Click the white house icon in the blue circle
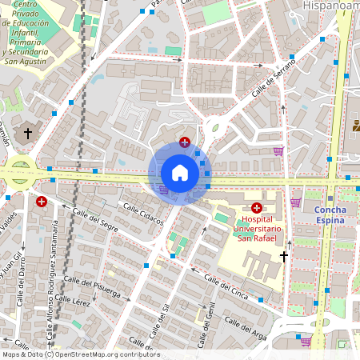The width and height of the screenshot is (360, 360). [179, 173]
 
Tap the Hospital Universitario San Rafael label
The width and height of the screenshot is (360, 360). [257, 227]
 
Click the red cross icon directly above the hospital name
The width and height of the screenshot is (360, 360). [256, 207]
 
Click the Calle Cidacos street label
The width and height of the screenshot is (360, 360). [142, 213]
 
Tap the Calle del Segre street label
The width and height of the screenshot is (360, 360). [95, 226]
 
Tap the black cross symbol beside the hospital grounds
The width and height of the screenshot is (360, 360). [283, 256]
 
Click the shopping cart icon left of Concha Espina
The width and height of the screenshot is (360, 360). [295, 202]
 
